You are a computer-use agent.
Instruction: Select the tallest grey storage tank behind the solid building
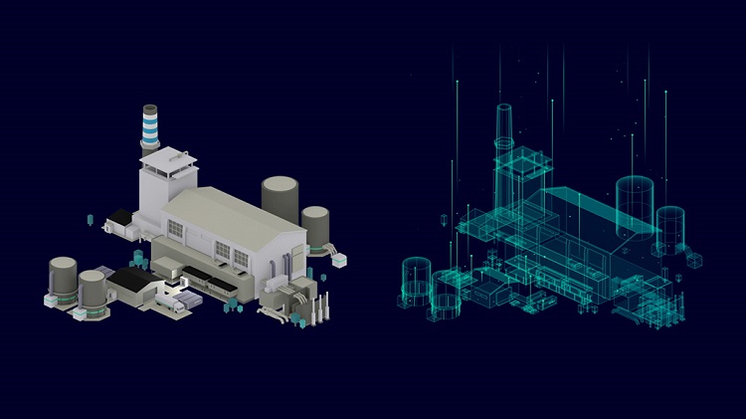click(280, 199)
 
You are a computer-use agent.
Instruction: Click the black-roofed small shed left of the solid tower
click(120, 217)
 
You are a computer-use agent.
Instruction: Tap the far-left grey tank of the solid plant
click(62, 279)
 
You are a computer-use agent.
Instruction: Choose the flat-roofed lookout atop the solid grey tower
click(164, 157)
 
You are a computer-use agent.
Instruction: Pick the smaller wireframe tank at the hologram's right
click(670, 227)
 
